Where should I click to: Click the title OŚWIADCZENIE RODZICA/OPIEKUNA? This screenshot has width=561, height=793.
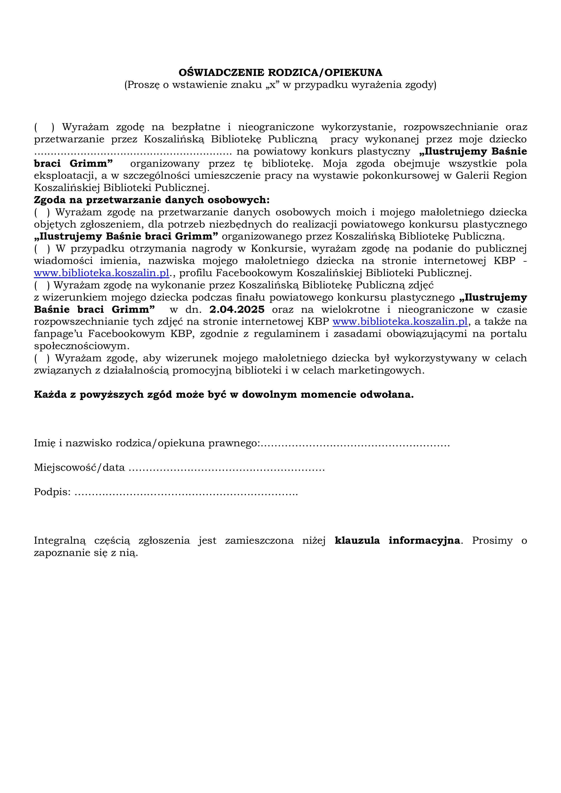[x=280, y=73]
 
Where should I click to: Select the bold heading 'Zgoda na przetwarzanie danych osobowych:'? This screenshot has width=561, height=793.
[x=152, y=200]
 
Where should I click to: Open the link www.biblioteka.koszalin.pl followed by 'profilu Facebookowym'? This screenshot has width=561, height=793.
[x=102, y=273]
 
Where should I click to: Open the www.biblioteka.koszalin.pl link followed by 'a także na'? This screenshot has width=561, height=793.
[x=400, y=322]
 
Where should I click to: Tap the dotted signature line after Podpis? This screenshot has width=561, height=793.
[x=186, y=492]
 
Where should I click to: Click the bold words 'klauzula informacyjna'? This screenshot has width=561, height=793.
[x=398, y=541]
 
